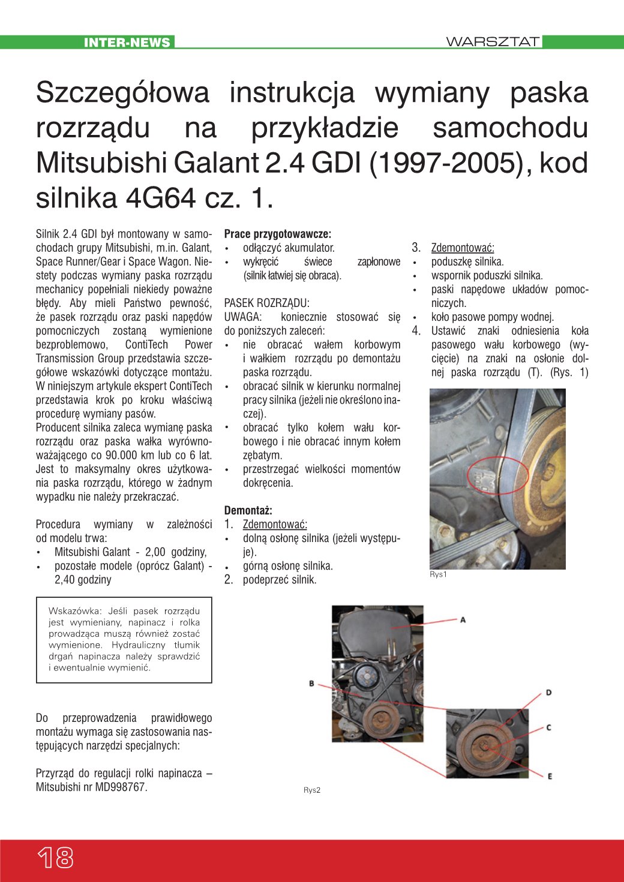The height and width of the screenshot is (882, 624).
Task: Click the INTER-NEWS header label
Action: (127, 43)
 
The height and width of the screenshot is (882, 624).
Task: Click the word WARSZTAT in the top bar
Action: (493, 42)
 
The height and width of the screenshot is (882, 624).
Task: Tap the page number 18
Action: (56, 858)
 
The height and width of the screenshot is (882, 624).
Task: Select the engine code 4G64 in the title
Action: (161, 198)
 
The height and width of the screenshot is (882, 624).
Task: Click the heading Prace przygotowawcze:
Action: (277, 234)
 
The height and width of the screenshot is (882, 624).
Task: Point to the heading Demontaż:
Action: (248, 510)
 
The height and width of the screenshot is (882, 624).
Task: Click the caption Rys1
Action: (438, 574)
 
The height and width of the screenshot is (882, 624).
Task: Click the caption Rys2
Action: (311, 790)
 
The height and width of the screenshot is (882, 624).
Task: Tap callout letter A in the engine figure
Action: (463, 619)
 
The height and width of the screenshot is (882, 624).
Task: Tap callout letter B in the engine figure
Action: (311, 683)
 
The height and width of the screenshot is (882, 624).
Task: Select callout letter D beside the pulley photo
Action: (548, 693)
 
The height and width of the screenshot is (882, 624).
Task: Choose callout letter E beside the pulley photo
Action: (549, 776)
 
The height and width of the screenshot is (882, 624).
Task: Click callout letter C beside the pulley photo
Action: (548, 727)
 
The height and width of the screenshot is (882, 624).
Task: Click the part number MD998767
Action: (119, 787)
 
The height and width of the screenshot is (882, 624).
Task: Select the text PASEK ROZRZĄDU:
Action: (266, 303)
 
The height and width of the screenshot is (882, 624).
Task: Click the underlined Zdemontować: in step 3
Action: (462, 248)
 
